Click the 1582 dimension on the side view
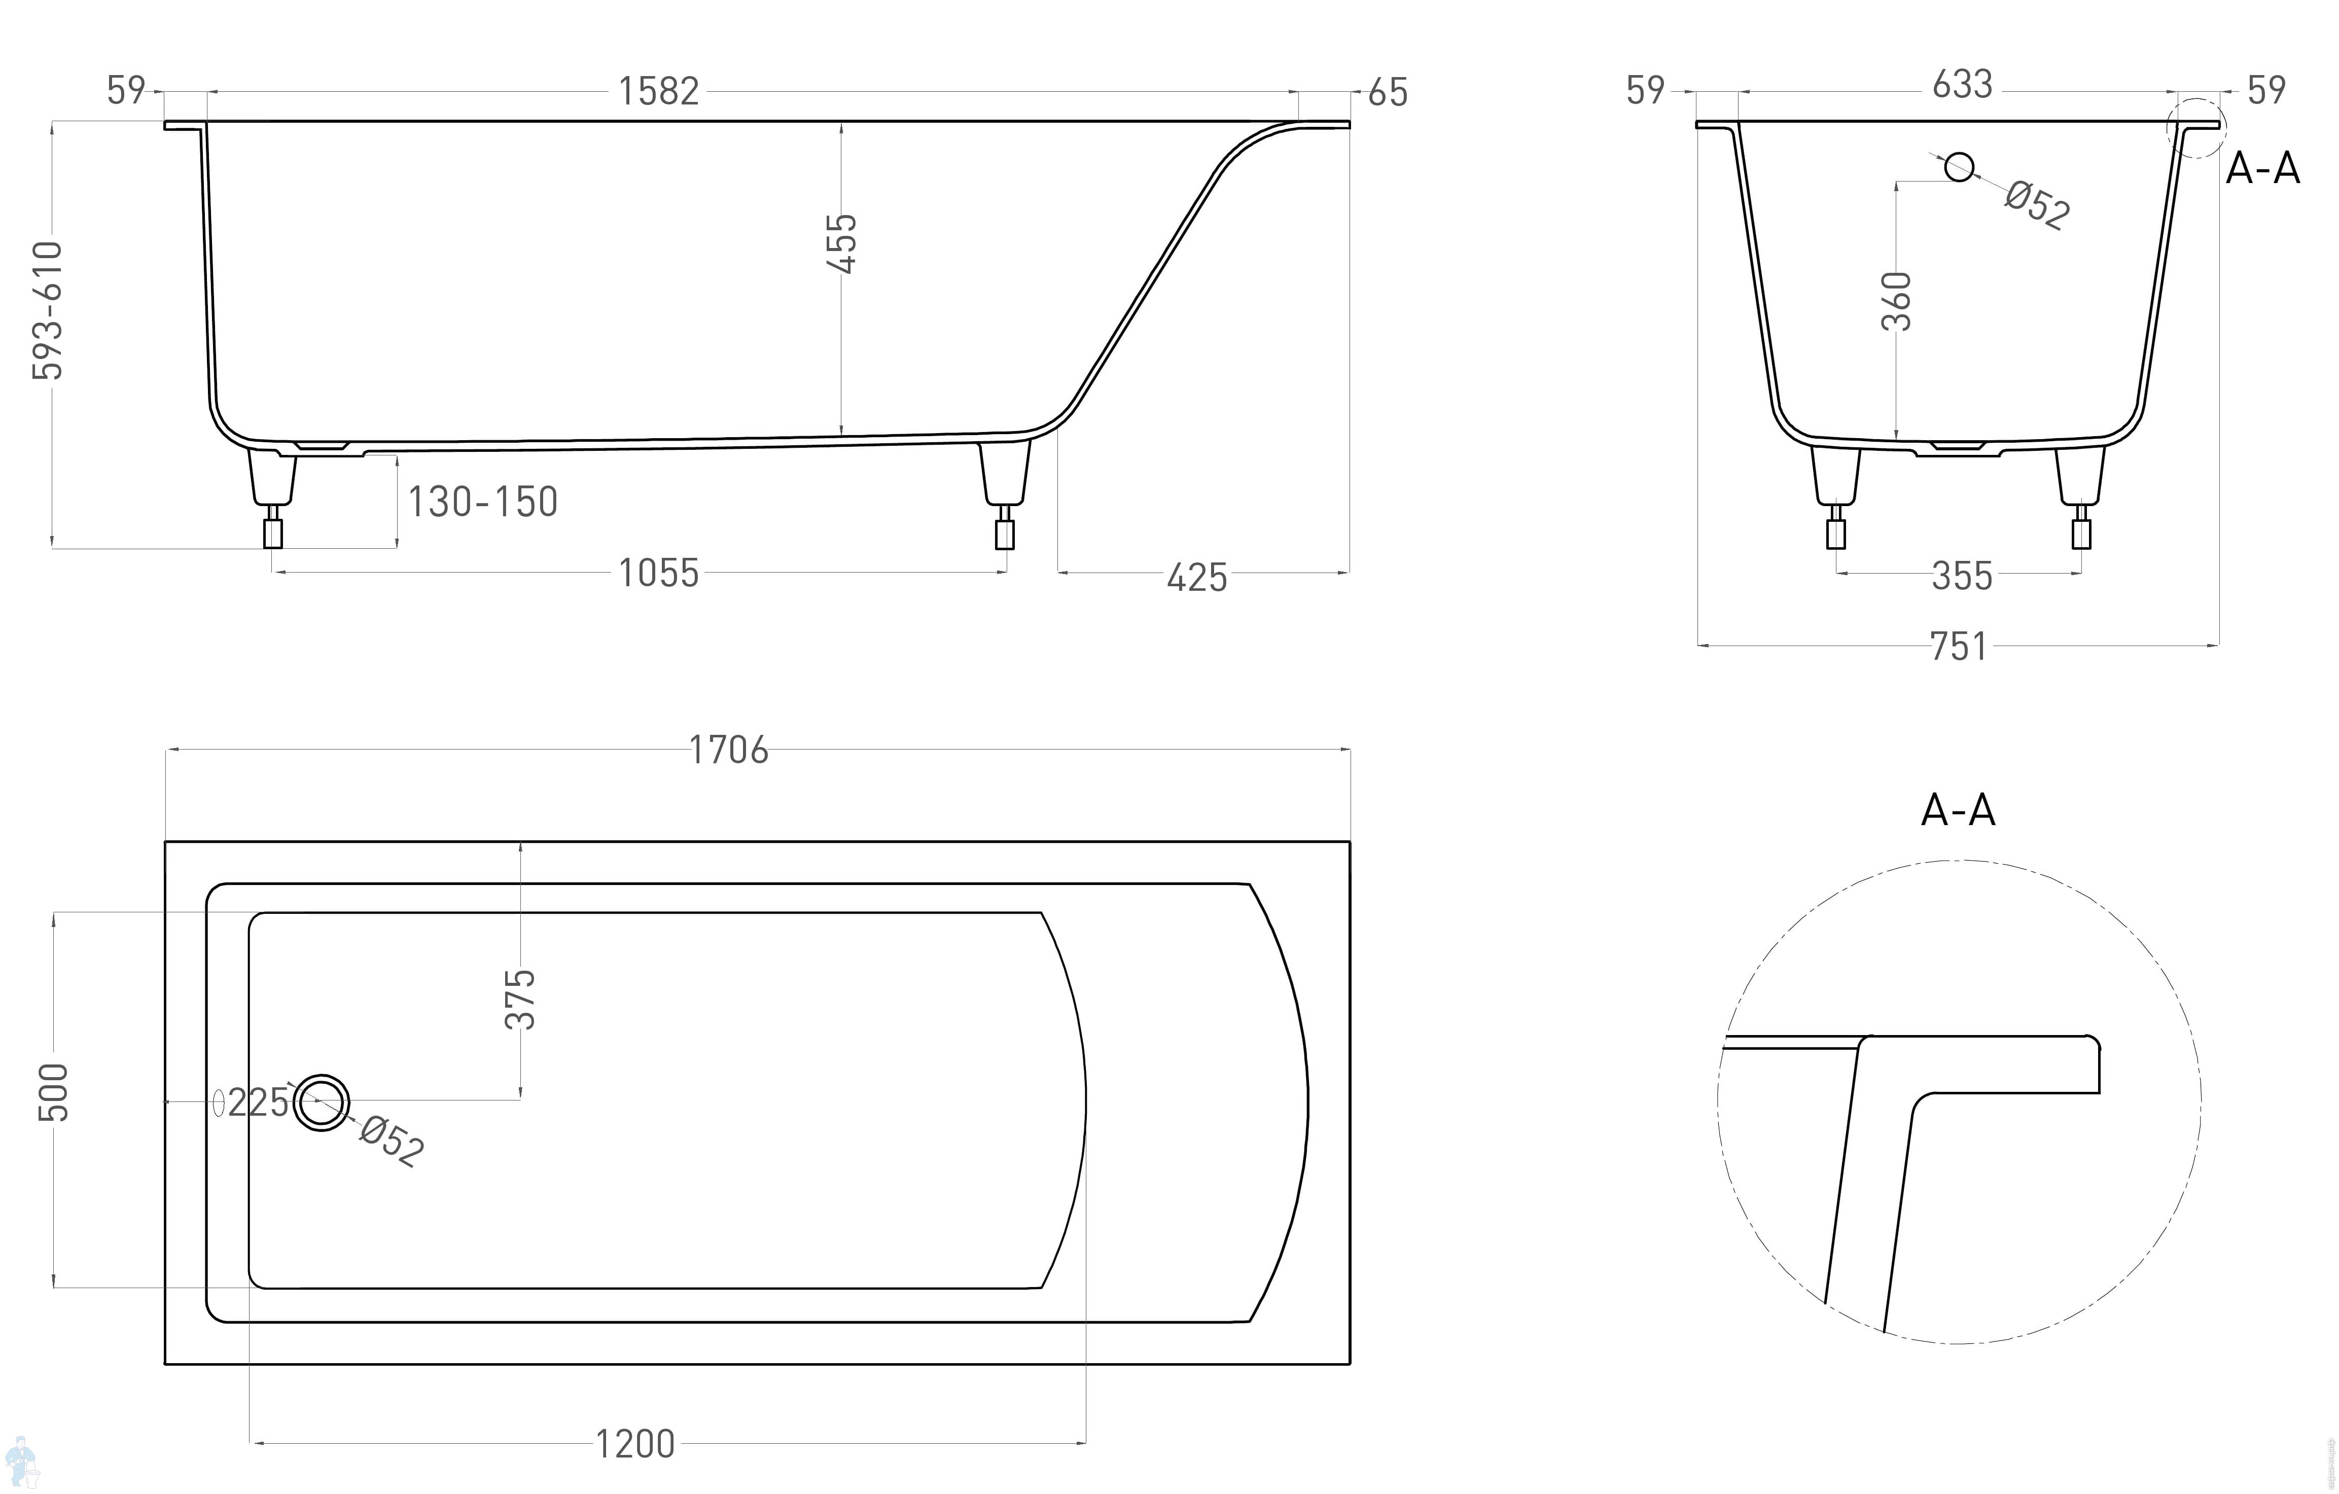pos(659,91)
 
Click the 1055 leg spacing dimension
pos(659,573)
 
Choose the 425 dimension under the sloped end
pos(1197,578)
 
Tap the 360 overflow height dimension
pos(1896,301)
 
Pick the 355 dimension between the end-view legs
pos(1962,576)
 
